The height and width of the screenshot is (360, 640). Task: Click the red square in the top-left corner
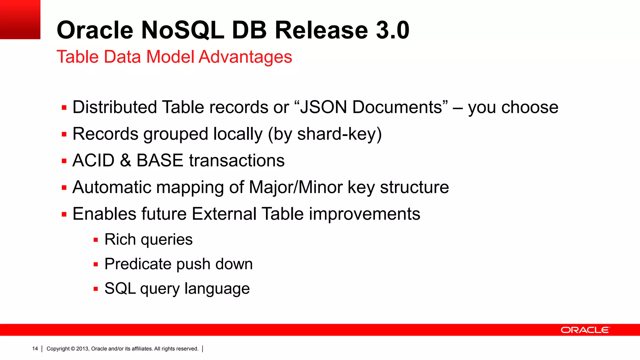(20, 19)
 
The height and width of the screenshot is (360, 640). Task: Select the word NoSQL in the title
(182, 30)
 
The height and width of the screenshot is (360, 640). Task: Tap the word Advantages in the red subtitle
(245, 57)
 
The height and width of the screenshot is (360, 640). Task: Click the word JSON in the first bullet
(323, 107)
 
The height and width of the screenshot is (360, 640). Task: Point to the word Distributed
(115, 107)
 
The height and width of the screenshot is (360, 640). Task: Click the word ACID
(93, 161)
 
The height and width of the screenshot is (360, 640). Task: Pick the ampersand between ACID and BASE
(125, 161)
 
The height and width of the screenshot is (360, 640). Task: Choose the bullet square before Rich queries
(96, 240)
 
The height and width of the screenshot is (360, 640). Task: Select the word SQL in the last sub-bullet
(120, 288)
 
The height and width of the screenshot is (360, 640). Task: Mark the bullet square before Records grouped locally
(64, 135)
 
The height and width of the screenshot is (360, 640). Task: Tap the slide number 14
(35, 349)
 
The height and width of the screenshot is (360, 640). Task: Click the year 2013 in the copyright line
(82, 349)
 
